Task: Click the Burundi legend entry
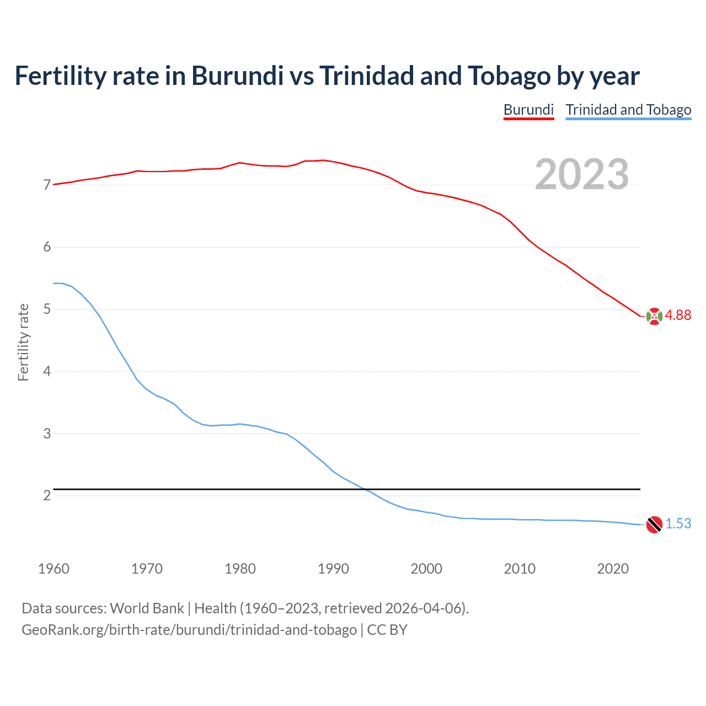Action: (528, 110)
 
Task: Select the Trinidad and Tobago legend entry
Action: (628, 110)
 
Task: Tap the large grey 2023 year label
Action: (582, 174)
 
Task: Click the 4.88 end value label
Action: (678, 315)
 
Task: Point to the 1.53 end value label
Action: (678, 523)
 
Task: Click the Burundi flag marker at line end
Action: (654, 317)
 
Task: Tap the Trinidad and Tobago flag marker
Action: (654, 525)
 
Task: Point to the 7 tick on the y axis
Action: (47, 185)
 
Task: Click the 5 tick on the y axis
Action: (47, 309)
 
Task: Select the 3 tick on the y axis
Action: (47, 434)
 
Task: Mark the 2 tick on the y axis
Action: (47, 495)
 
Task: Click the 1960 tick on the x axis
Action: (54, 569)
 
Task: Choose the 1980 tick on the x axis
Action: (240, 569)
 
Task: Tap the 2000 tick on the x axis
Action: (426, 569)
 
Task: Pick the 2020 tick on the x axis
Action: (613, 569)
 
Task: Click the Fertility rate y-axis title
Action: (23, 342)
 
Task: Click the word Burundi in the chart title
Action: (237, 76)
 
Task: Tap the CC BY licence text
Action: (387, 630)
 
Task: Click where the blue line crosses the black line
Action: (366, 489)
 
